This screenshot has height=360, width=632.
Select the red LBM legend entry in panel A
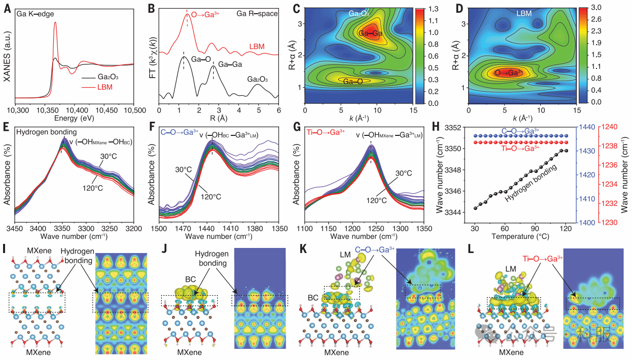(103, 87)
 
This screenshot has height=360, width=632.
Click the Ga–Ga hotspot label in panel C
(370, 33)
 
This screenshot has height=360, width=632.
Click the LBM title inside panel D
(524, 14)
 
